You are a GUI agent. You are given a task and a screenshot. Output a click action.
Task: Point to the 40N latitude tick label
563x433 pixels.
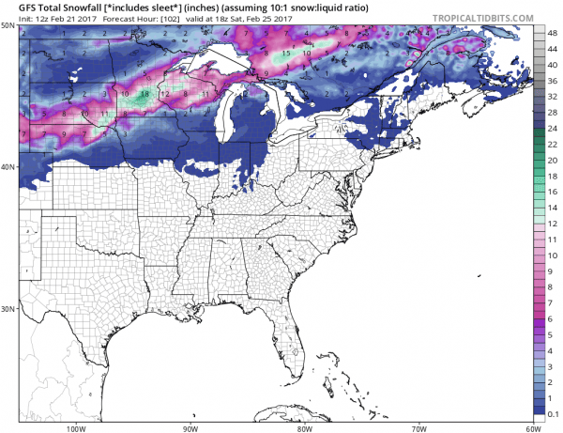click(8, 167)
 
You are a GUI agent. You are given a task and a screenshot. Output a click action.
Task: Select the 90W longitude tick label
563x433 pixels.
click(190, 427)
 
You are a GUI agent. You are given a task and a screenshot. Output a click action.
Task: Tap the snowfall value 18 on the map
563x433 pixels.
click(145, 94)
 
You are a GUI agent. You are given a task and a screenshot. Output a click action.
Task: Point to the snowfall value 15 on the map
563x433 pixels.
click(285, 53)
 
